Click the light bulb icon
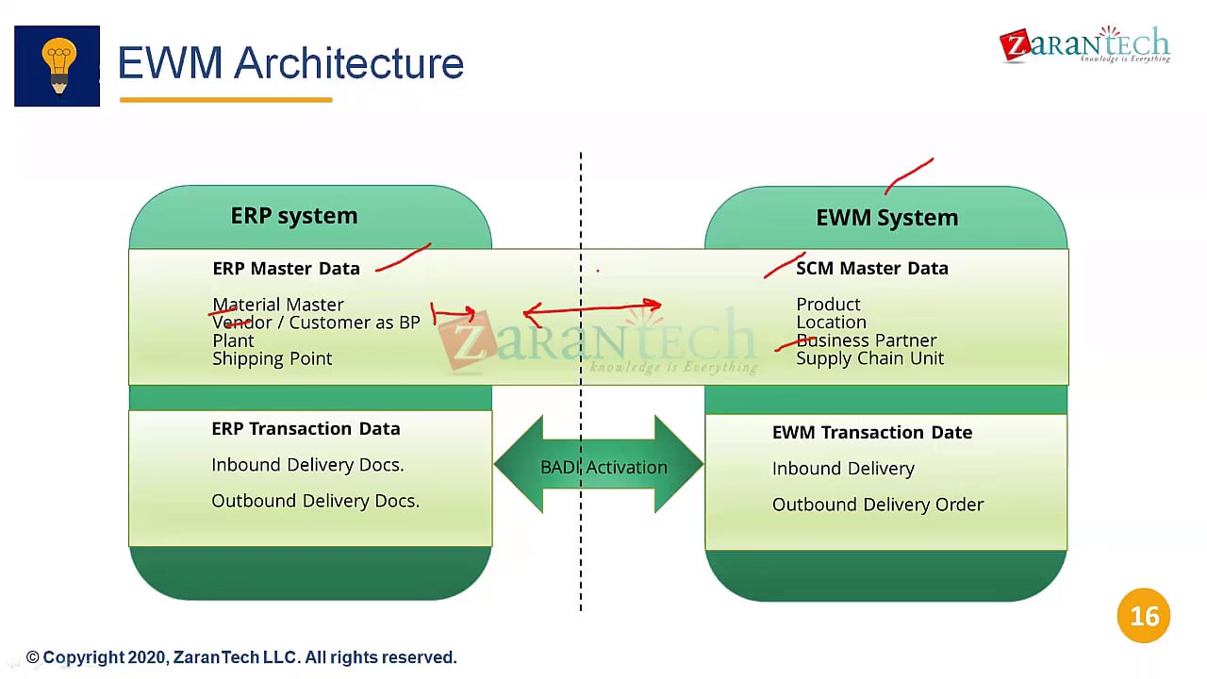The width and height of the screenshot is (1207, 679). tap(57, 65)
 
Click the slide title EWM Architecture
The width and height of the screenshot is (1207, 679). tap(290, 63)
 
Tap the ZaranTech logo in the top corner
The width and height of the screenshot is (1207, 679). tap(1084, 45)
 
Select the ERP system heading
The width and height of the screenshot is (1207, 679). tap(294, 216)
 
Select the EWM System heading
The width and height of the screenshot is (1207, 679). tap(886, 218)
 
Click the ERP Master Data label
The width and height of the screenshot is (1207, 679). tap(286, 269)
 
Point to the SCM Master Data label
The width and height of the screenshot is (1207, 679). tap(871, 269)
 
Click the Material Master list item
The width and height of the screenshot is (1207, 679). tap(278, 305)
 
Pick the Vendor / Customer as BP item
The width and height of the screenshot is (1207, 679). tap(316, 323)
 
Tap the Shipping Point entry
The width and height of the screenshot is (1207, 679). tap(272, 358)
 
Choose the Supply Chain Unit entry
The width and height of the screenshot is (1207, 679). tap(869, 358)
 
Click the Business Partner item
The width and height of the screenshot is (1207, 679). tap(867, 340)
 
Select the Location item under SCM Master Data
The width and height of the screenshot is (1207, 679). tap(831, 323)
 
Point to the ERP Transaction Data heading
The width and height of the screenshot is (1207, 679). tap(306, 429)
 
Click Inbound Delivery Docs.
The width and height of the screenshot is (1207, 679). tap(307, 465)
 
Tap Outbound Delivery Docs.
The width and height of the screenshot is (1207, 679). tap(315, 501)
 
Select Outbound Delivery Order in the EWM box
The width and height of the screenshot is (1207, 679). tap(877, 505)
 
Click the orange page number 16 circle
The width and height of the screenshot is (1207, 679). tap(1143, 616)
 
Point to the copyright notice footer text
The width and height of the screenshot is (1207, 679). tap(241, 657)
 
